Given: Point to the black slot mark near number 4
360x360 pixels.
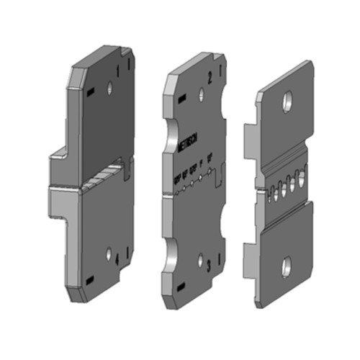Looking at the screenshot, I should coord(89,279).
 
